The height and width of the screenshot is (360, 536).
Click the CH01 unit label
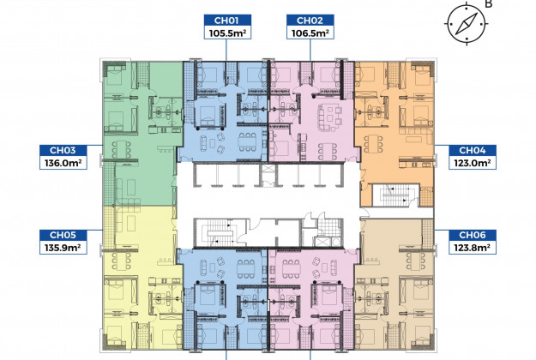point(227,21)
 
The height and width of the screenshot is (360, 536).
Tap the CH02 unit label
point(310,21)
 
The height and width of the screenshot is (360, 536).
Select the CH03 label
point(63,151)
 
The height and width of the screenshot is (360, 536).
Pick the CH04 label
point(472,151)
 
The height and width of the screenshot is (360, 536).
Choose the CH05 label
point(63,235)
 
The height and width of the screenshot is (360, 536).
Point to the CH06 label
point(472,235)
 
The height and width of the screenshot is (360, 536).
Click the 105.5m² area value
point(227,33)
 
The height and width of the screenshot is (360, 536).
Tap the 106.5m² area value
point(310,33)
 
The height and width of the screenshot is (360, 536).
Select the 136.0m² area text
point(63,163)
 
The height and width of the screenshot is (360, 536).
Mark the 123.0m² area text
point(472,163)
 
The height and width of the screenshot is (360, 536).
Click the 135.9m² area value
point(63,248)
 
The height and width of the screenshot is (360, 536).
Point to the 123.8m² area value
point(472,248)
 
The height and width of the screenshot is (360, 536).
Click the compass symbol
point(467,24)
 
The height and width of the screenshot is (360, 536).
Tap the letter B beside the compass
point(489,4)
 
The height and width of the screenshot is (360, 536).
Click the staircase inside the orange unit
point(395,195)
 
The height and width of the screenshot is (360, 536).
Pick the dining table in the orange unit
point(374,143)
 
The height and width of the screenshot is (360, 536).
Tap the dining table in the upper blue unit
point(247,141)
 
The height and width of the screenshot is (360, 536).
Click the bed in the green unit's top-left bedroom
point(116,75)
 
